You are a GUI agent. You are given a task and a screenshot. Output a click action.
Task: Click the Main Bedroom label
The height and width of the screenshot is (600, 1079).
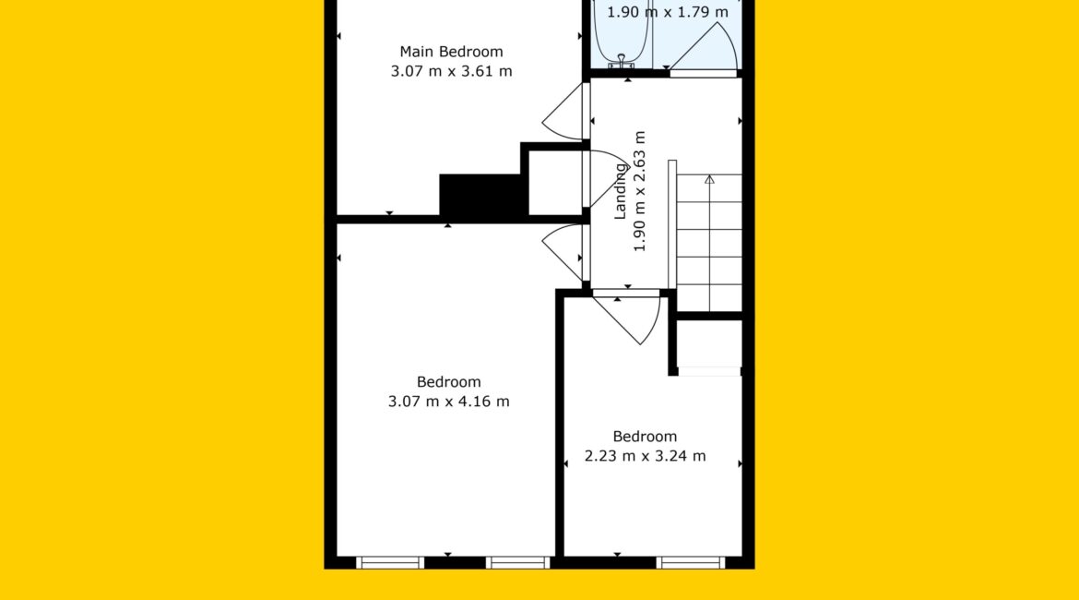click(451, 52)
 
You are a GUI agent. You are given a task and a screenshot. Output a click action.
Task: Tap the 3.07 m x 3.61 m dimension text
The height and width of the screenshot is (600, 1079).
click(451, 71)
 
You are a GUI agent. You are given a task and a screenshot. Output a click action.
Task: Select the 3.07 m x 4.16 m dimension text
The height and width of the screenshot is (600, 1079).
click(449, 401)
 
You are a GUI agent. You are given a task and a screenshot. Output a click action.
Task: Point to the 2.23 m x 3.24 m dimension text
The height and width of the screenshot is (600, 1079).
click(645, 455)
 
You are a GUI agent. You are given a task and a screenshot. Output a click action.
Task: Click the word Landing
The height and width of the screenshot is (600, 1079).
click(621, 191)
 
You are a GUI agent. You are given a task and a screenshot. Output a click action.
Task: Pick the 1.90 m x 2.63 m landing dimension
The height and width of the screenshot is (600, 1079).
click(640, 191)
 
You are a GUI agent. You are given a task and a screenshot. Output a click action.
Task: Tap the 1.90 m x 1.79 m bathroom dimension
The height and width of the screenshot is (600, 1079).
click(667, 12)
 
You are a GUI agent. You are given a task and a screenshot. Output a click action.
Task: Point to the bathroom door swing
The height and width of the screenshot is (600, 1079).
click(704, 45)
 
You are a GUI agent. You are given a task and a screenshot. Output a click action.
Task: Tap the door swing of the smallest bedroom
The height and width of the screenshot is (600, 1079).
click(627, 318)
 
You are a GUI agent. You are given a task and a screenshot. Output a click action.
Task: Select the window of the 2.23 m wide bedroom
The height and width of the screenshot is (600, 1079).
click(690, 562)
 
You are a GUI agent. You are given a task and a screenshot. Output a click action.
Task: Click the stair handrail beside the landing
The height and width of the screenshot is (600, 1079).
click(672, 224)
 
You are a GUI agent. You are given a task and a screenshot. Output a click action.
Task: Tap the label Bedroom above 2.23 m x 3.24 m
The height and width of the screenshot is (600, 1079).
click(645, 436)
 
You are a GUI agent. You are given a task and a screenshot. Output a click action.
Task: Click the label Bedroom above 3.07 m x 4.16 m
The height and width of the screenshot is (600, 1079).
click(449, 381)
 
